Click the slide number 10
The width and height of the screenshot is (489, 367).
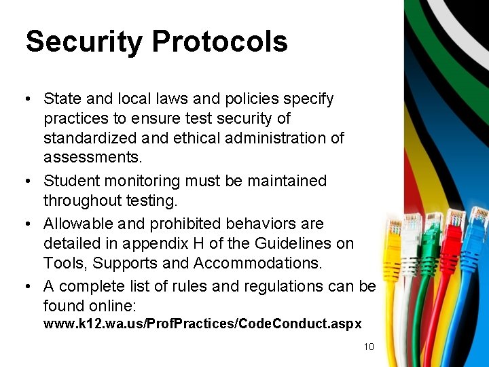[369, 347]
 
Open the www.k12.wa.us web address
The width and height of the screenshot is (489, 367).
[202, 324]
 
